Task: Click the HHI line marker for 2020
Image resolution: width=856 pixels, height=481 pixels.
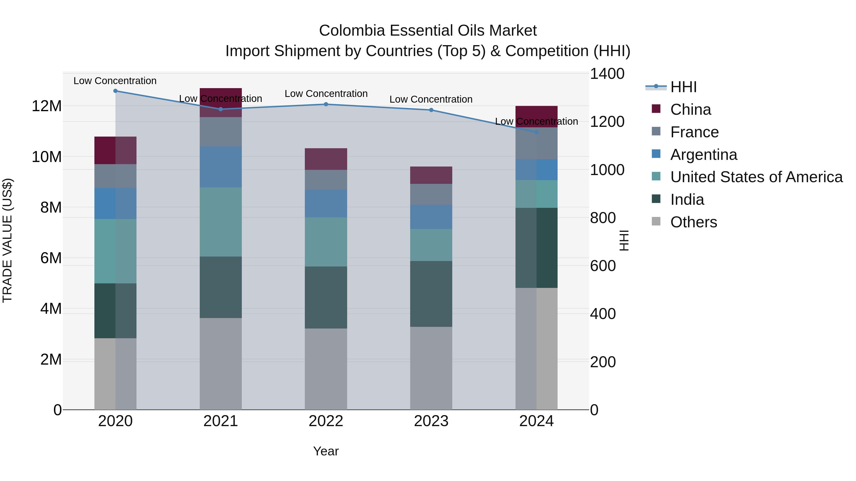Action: tap(115, 91)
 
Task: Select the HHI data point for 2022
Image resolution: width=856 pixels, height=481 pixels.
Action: tap(326, 104)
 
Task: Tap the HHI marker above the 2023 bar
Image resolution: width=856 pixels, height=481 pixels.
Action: tap(431, 110)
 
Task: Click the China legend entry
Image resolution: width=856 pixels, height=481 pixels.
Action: tap(690, 110)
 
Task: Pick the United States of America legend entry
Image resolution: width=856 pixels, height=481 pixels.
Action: tap(756, 177)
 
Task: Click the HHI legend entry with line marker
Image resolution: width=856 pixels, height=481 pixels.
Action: tap(683, 87)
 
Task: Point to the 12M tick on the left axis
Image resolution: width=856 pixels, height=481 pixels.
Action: tap(47, 106)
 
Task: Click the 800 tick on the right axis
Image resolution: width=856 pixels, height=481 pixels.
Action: tap(603, 218)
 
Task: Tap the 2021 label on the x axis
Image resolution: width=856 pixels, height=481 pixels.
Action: tap(221, 421)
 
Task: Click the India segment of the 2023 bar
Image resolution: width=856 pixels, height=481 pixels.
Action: tap(431, 294)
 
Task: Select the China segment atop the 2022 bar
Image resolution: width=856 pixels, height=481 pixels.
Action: tap(326, 159)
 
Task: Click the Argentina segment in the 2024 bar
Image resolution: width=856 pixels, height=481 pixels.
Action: tap(536, 170)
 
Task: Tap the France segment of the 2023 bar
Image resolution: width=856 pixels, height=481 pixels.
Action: tap(431, 194)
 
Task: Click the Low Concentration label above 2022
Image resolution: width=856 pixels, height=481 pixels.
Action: tap(326, 94)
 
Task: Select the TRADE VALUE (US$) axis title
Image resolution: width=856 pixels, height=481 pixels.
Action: tap(7, 241)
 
